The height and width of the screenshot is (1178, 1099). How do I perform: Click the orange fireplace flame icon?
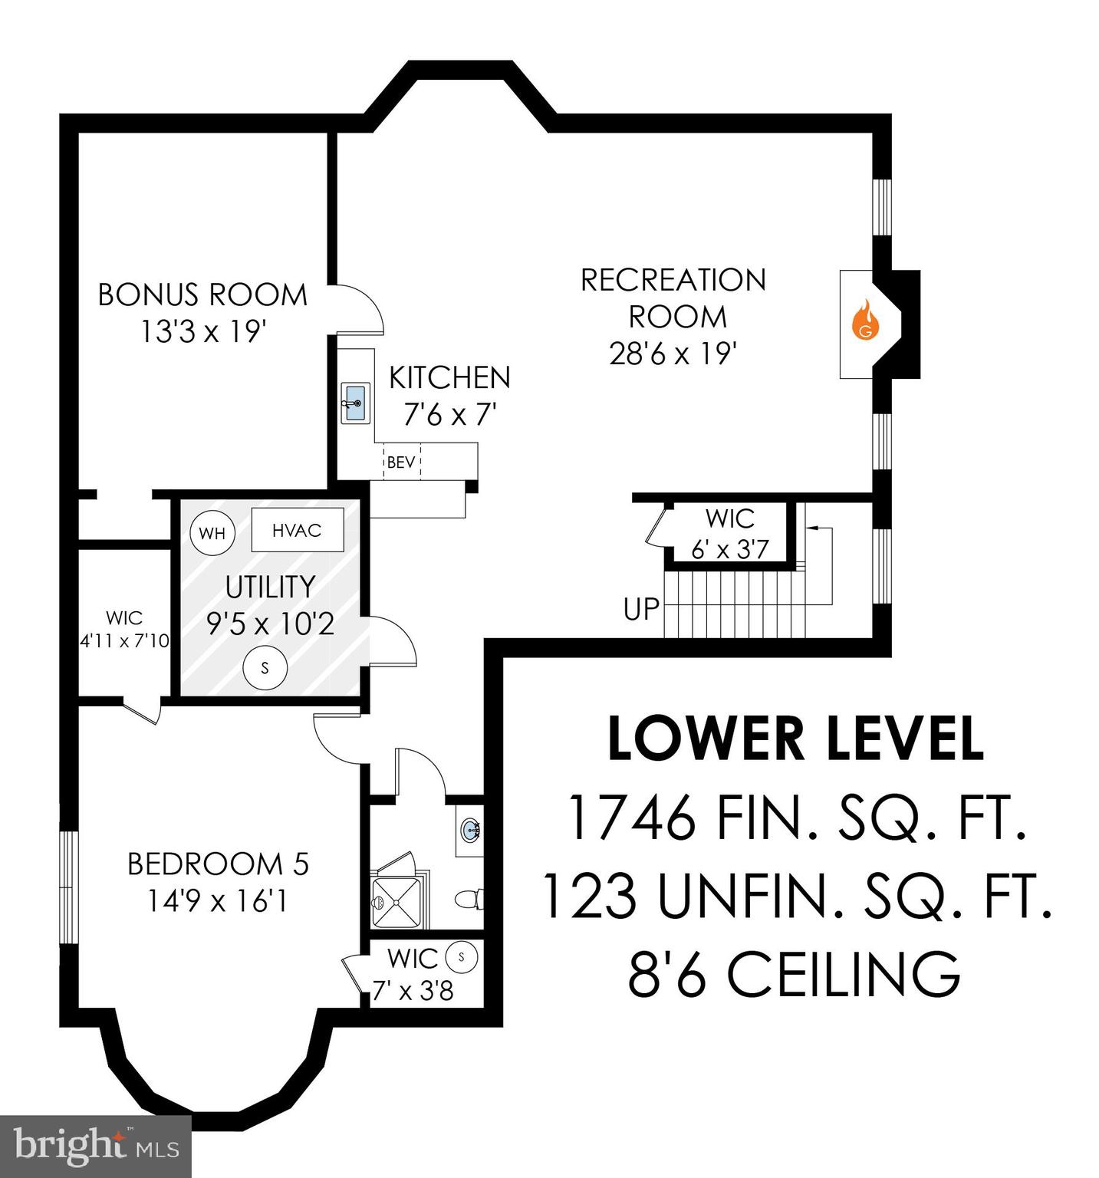(866, 321)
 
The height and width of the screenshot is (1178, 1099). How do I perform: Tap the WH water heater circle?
(212, 532)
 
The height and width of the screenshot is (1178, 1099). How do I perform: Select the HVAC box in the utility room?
(297, 530)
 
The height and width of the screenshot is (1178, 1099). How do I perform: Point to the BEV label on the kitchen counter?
(401, 462)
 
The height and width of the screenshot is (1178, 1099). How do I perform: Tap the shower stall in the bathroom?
(398, 901)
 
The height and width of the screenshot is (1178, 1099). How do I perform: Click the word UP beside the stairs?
(641, 610)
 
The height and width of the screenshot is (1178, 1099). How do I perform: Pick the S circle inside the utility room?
(265, 667)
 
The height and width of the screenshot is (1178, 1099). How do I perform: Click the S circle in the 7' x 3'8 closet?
(462, 956)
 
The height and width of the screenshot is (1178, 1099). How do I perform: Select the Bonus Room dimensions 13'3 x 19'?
(202, 332)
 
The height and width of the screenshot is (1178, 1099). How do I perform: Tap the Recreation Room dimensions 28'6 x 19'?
(673, 354)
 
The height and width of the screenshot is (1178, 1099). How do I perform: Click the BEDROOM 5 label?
(218, 864)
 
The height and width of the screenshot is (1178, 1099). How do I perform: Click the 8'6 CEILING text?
(794, 974)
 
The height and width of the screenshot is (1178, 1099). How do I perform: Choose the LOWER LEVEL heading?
(795, 739)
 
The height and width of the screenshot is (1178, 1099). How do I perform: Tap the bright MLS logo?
(95, 1147)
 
